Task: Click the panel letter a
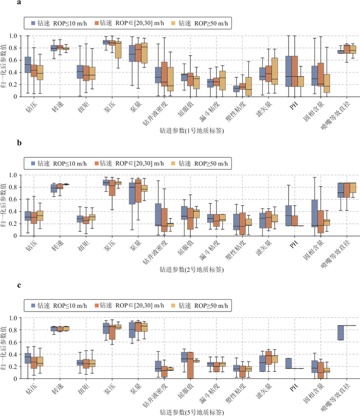[19, 3]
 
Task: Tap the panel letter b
[19, 142]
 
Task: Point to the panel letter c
[19, 285]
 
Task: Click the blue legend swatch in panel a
[33, 23]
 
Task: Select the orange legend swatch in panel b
[97, 163]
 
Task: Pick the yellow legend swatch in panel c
[173, 305]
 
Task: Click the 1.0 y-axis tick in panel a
[13, 36]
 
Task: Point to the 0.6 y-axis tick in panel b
[13, 199]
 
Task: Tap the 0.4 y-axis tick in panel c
[13, 354]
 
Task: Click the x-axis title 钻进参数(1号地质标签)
[192, 131]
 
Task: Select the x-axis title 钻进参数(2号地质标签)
[192, 269]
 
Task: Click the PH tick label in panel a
[294, 106]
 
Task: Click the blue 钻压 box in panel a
[28, 65]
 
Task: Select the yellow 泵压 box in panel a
[118, 49]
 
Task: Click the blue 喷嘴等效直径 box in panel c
[340, 333]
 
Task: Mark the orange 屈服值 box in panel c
[190, 365]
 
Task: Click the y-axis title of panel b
[3, 205]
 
